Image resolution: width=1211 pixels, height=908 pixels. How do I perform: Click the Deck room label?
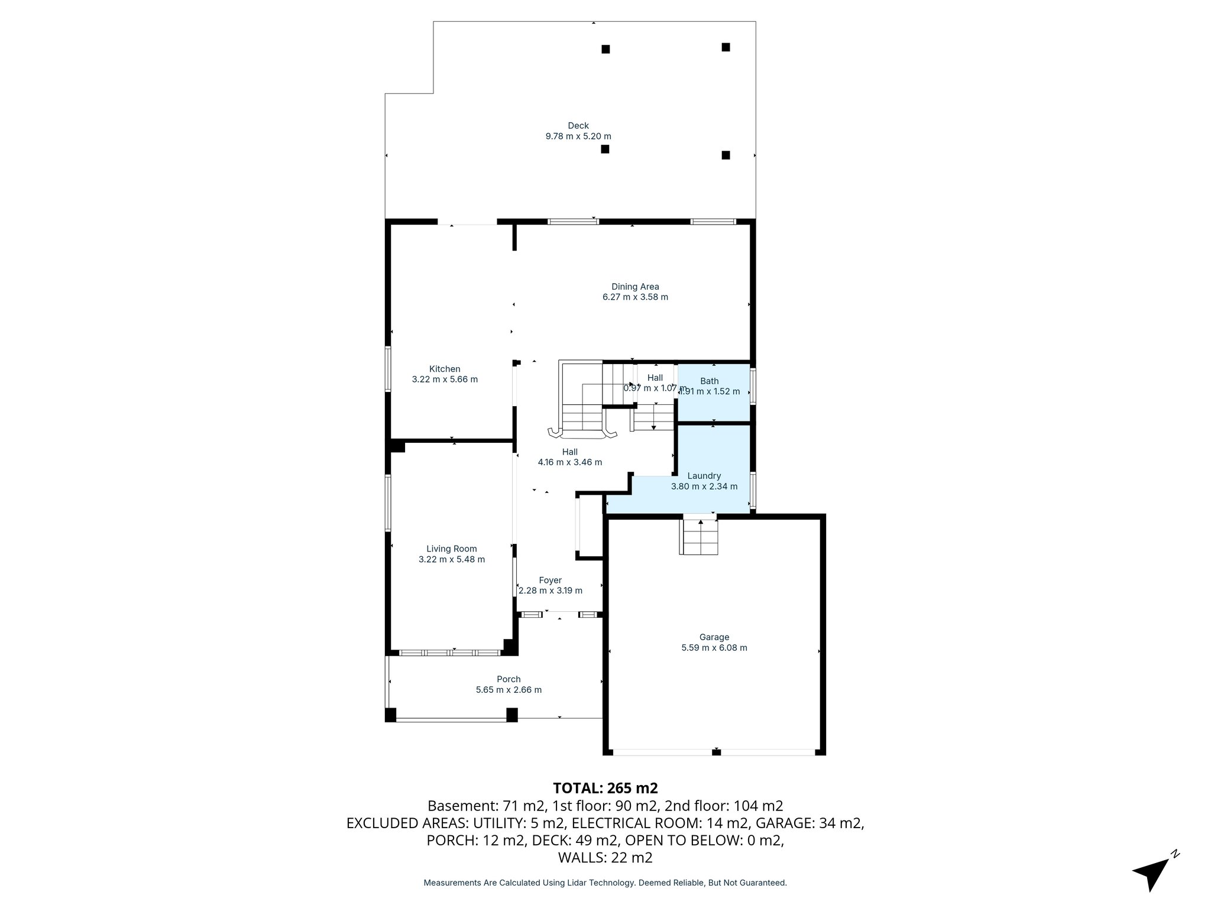(578, 125)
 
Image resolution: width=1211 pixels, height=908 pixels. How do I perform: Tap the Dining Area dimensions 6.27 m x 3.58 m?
(635, 297)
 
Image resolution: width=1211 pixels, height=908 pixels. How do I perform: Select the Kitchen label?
(445, 369)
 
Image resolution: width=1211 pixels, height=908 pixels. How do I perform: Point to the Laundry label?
(704, 475)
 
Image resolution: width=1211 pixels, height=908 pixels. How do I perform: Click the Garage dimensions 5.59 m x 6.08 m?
(714, 647)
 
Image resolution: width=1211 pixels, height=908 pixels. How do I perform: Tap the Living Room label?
(451, 549)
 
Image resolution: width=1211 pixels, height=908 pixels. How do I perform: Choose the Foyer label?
(550, 581)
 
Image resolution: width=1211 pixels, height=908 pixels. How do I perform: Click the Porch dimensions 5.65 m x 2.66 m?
(509, 689)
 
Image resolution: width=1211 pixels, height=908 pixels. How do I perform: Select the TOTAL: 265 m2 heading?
(605, 788)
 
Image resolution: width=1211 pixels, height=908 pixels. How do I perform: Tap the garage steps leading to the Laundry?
(700, 536)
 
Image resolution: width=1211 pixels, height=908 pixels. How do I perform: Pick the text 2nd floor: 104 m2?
(724, 806)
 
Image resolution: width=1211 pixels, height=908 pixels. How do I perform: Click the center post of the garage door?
(716, 751)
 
